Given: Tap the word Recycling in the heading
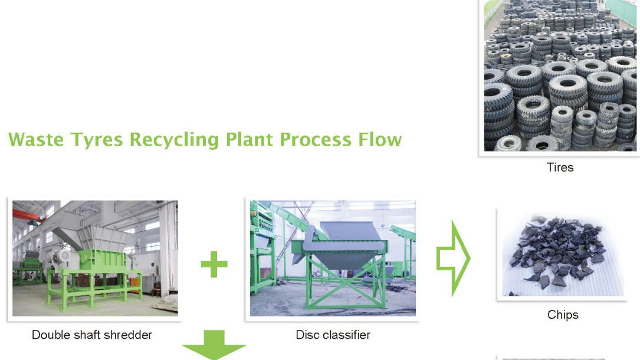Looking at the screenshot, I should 176,140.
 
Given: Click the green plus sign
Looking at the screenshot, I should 214,264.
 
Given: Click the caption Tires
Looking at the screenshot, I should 560,167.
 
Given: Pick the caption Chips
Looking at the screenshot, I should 563,315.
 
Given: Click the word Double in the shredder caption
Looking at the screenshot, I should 51,335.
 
